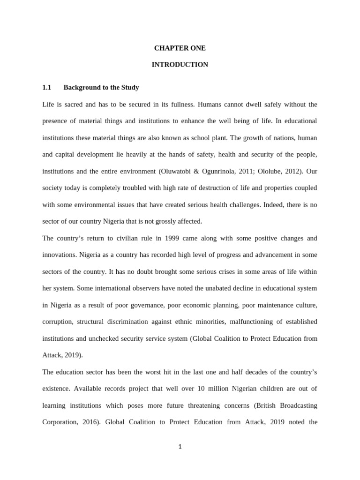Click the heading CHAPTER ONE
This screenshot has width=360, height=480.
pyautogui.click(x=180, y=48)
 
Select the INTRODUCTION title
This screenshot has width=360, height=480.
pyautogui.click(x=180, y=65)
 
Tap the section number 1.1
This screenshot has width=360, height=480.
pyautogui.click(x=46, y=88)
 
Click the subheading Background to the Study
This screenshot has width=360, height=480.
pyautogui.click(x=101, y=88)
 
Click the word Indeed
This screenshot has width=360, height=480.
pyautogui.click(x=261, y=205)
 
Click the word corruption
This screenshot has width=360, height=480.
pyautogui.click(x=58, y=322)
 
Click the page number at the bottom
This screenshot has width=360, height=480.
pyautogui.click(x=180, y=447)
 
